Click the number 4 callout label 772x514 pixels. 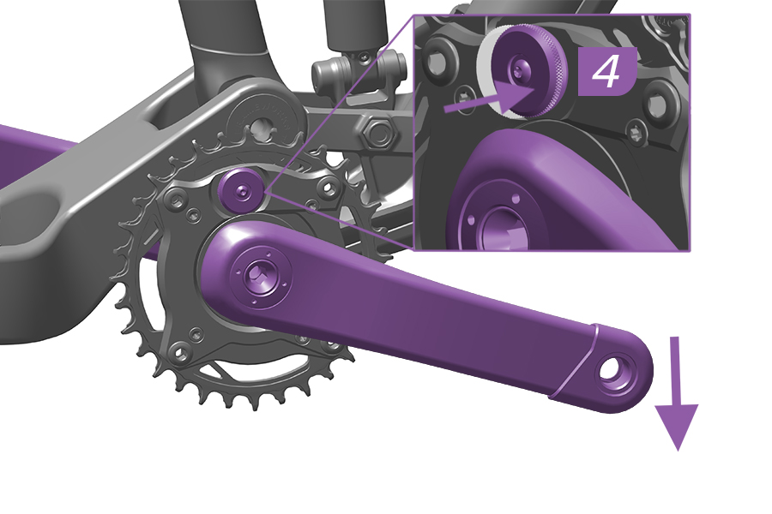[606, 73]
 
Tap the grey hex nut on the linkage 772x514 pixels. [377, 134]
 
